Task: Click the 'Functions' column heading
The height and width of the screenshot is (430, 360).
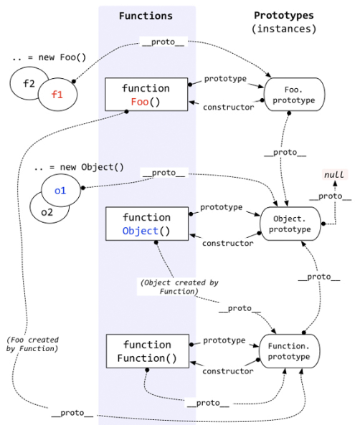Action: (x=146, y=15)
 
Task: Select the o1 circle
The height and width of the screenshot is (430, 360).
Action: (x=60, y=191)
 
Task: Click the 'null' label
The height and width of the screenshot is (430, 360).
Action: (x=333, y=175)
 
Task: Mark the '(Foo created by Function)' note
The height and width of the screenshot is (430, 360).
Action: (x=32, y=343)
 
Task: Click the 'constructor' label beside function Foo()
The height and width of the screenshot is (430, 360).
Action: (x=229, y=107)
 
